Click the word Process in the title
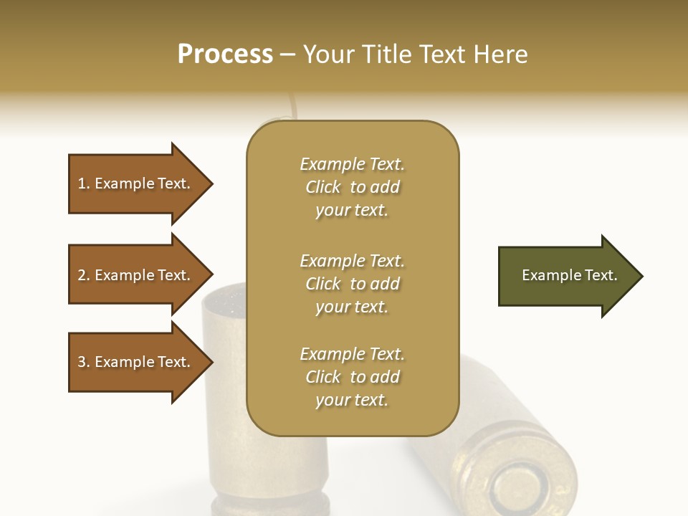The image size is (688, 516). pos(225,54)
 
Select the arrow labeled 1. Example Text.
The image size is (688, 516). pos(136,183)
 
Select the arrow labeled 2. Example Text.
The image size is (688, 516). pos(136,275)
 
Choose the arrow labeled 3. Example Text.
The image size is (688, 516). pos(136,362)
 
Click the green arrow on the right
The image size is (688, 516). pos(566,276)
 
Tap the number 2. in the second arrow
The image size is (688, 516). pos(84,275)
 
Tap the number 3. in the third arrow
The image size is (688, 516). pos(84,362)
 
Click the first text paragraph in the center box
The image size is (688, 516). pos(352,187)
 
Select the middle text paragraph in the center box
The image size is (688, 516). pos(352,283)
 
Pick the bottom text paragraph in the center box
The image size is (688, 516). pos(352,377)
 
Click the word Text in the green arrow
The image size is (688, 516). pos(601,275)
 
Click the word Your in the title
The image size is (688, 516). pos(329,54)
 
